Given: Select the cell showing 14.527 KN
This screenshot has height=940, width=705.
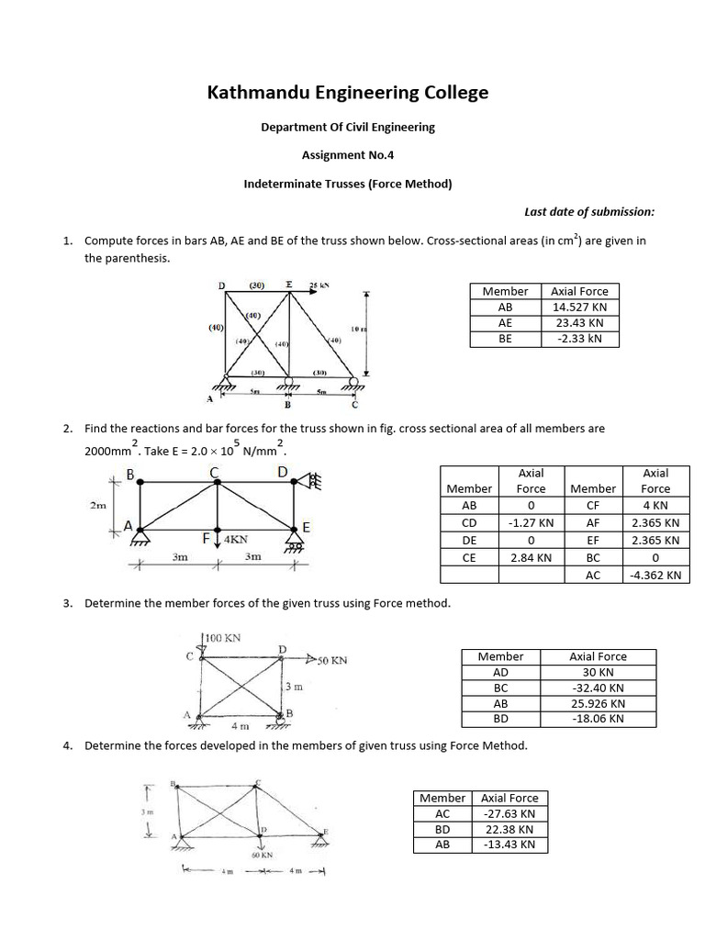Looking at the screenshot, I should pos(579,308).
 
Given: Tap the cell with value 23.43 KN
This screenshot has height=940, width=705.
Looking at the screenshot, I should pos(579,323).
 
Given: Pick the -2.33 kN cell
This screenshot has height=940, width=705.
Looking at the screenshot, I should pos(579,339).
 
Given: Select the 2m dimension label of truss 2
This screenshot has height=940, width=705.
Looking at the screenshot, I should pos(98,504).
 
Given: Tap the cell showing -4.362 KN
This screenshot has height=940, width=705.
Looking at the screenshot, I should pos(655,576).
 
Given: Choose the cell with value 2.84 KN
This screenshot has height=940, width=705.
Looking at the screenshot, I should pos(532,557).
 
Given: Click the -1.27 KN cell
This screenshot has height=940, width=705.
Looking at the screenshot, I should pos(532,522).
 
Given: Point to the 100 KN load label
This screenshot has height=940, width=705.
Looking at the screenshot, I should pos(221,637).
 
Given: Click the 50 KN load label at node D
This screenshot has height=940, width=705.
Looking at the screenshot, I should pos(330,660).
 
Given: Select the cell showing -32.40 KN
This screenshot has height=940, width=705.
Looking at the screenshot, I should pos(598,688).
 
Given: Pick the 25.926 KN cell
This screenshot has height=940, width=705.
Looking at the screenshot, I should pos(598,703).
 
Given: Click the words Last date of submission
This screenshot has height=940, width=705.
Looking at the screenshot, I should pos(589,211).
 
